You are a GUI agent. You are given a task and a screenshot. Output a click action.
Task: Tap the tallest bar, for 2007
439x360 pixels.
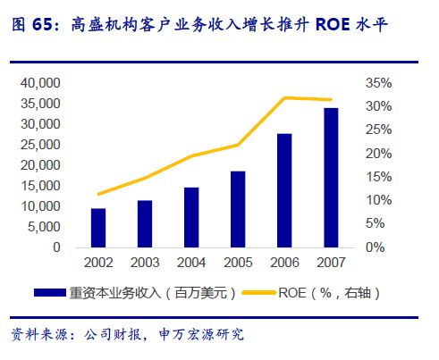pos(331,178)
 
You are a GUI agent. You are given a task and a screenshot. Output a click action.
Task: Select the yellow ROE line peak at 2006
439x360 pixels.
pos(284,97)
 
